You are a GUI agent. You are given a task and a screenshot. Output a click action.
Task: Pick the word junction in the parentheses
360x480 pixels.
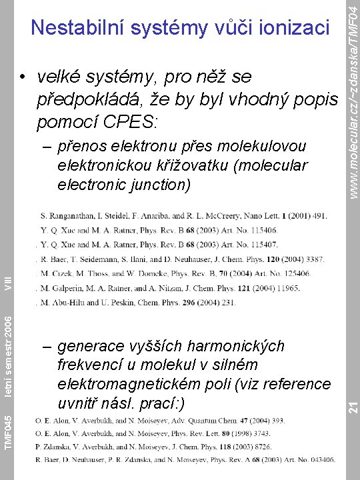(155, 183)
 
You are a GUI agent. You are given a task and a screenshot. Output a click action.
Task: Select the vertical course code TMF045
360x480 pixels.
(7, 431)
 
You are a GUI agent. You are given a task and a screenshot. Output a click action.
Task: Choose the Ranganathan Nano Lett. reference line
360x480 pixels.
(184, 216)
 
